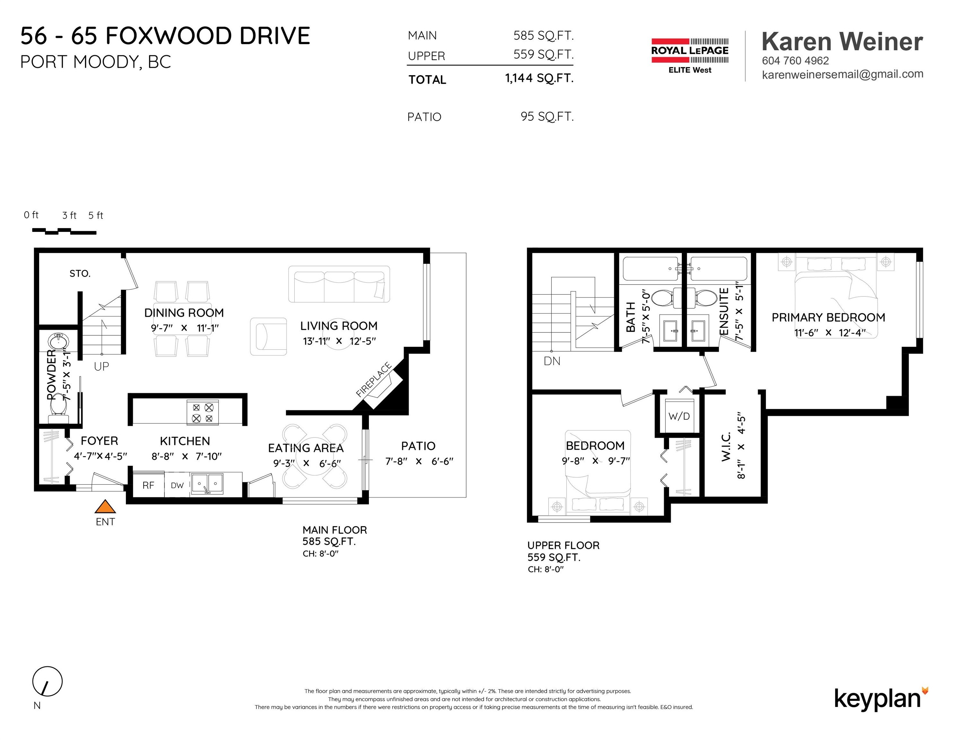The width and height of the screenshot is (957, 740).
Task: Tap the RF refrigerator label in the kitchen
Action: [x=149, y=485]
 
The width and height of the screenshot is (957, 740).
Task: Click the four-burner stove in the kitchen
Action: [x=203, y=412]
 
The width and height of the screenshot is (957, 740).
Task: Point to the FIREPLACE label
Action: [x=374, y=380]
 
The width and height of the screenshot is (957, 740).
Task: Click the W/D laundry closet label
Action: [x=679, y=416]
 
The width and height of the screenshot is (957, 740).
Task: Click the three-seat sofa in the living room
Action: [x=339, y=284]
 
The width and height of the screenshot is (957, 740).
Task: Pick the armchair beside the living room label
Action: [x=268, y=336]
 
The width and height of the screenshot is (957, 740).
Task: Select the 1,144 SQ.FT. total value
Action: [x=539, y=78]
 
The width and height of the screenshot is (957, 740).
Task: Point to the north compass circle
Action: [x=47, y=681]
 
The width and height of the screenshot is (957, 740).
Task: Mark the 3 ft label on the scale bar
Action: [x=69, y=215]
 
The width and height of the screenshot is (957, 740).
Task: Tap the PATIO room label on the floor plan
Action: [x=419, y=446]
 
